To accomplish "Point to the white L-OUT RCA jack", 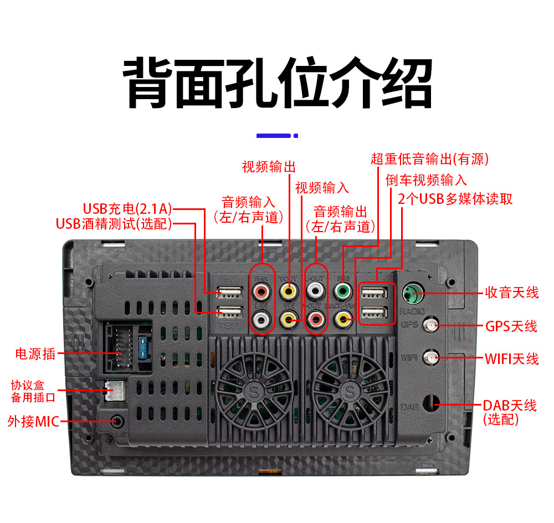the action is [316, 290].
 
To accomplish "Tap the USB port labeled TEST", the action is [229, 312].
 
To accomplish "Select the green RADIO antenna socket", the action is [412, 292].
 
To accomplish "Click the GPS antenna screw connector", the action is [429, 325].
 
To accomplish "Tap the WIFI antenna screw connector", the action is [429, 358].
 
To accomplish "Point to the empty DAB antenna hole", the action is [430, 403].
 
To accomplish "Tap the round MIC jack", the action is [117, 421].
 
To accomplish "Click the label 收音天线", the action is [511, 293].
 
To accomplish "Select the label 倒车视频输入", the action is [426, 180].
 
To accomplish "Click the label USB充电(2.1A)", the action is [127, 209].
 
